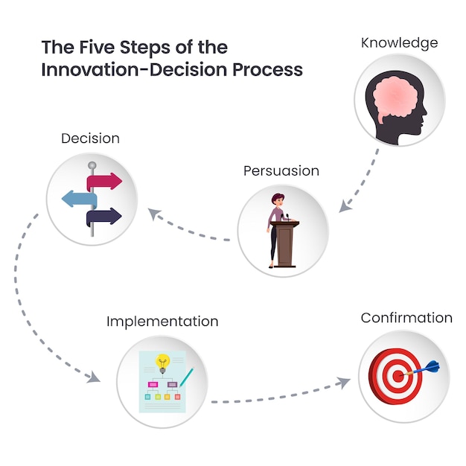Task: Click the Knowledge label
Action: pos(399,42)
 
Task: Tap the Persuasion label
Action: pos(281,171)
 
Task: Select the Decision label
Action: pos(90,138)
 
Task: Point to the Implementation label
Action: pos(162,322)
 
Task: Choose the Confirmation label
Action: pos(406,318)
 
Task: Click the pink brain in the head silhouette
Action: pos(398,100)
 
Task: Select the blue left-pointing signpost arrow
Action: pos(78,199)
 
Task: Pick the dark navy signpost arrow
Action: pos(104,217)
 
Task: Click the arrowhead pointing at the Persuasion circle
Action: pos(343,206)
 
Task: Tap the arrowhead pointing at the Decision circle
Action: pos(154,214)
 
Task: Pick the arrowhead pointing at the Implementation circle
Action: pos(93,377)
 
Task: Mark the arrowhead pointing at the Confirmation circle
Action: pos(343,383)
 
